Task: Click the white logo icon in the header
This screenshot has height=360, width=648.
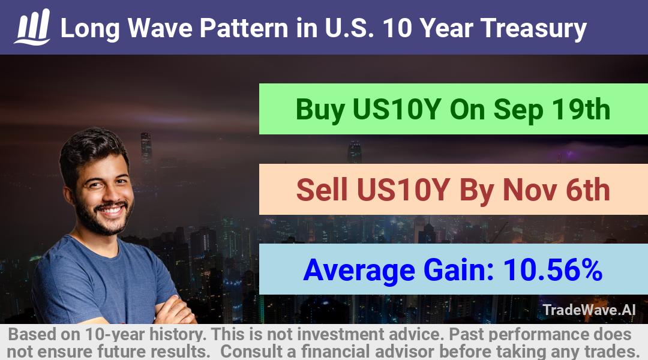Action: tap(32, 26)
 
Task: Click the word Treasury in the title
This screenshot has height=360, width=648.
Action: tap(533, 29)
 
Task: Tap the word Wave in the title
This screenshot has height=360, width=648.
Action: tap(160, 28)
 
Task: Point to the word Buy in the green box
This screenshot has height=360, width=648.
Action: tap(320, 110)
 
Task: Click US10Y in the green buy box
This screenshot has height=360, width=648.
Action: tap(397, 109)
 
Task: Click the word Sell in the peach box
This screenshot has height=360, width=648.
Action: tap(322, 190)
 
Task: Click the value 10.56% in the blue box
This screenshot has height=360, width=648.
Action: tap(553, 270)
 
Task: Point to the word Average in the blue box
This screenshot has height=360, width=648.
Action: tap(359, 271)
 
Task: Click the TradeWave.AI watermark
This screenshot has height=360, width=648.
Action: tap(589, 310)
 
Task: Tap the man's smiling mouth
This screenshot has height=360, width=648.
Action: tap(112, 209)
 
